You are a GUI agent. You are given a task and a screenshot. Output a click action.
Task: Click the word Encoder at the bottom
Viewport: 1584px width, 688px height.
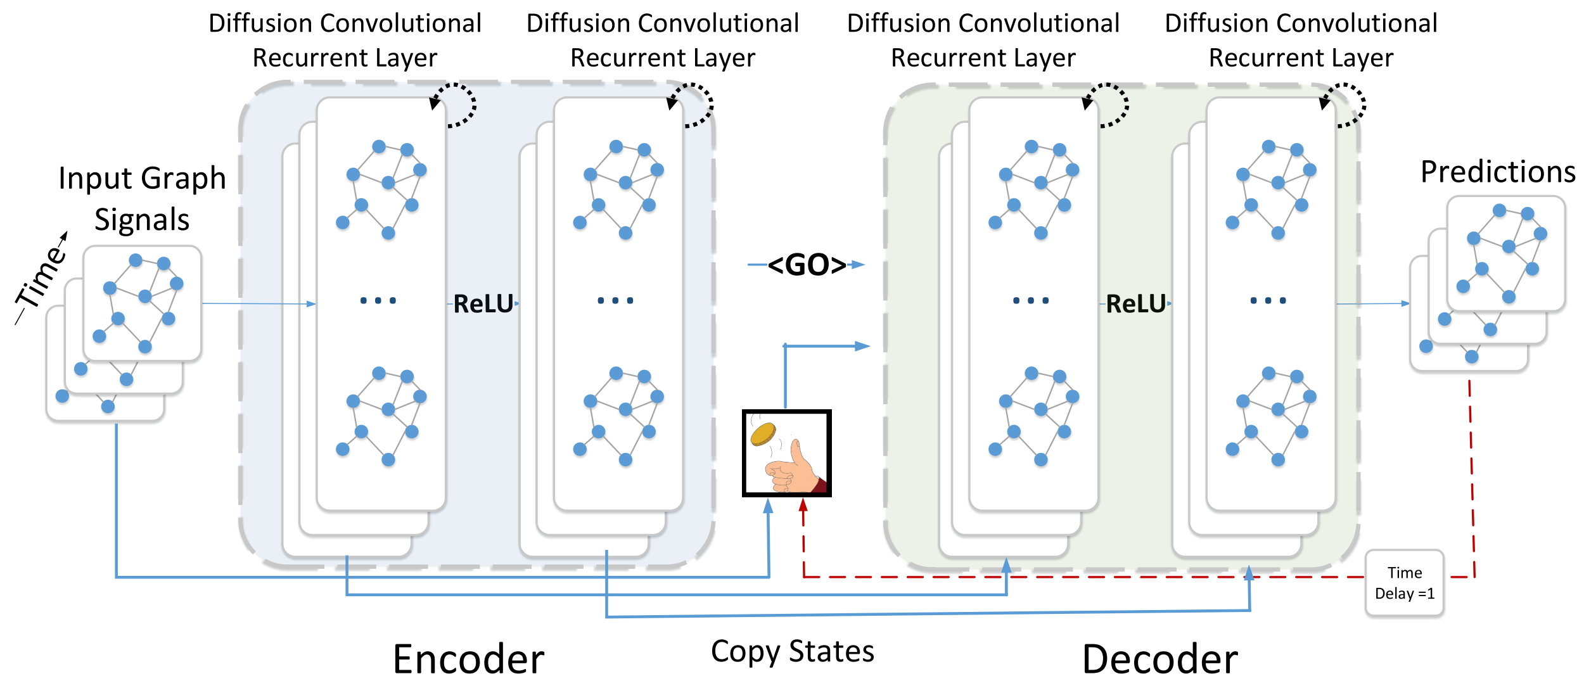pyautogui.click(x=468, y=659)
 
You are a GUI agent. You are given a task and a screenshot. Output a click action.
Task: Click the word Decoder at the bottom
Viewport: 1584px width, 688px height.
pyautogui.click(x=1159, y=659)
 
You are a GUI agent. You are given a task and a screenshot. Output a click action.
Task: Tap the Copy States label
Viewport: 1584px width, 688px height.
pyautogui.click(x=792, y=651)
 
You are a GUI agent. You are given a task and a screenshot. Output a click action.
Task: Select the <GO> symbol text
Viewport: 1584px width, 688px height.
pyautogui.click(x=807, y=265)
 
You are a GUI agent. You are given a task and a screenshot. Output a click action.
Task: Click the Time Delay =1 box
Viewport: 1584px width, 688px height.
pyautogui.click(x=1404, y=583)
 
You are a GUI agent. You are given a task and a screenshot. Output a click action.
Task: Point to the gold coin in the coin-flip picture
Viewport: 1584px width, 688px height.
pyautogui.click(x=763, y=434)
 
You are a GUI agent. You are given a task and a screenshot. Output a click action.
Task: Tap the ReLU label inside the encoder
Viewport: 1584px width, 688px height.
pyautogui.click(x=483, y=304)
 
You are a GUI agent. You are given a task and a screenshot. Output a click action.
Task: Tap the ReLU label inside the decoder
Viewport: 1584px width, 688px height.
pyautogui.click(x=1135, y=304)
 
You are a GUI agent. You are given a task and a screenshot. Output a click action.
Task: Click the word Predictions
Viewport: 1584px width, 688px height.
pyautogui.click(x=1498, y=172)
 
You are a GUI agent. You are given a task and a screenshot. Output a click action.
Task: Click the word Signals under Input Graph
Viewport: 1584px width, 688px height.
pyautogui.click(x=142, y=220)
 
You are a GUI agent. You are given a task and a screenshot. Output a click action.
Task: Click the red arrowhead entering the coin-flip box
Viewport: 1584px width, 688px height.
pyautogui.click(x=803, y=505)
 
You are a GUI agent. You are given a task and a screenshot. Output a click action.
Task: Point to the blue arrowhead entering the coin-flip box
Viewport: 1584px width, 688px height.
pyautogui.click(x=768, y=506)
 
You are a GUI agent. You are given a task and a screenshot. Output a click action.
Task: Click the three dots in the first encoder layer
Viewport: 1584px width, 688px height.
pyautogui.click(x=378, y=300)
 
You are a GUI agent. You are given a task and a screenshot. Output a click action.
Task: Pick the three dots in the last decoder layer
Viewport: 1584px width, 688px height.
pyautogui.click(x=1268, y=300)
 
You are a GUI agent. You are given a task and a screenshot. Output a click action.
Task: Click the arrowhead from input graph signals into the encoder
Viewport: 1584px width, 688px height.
pyautogui.click(x=311, y=304)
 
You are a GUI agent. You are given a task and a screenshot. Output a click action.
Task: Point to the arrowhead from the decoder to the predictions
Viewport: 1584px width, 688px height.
pyautogui.click(x=1405, y=303)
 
